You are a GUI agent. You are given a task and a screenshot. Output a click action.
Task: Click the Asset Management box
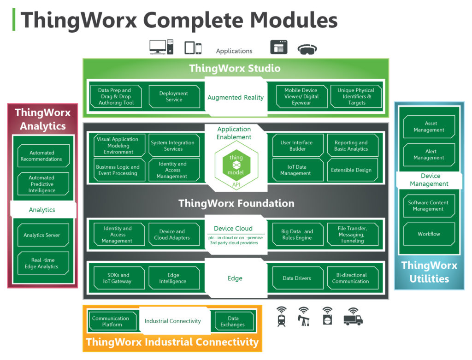coord(429,127)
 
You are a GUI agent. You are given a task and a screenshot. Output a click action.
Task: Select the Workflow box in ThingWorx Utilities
coord(429,234)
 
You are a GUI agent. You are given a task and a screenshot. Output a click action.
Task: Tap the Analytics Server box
coord(42,235)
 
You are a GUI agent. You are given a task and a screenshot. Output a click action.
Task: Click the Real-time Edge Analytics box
coord(42,264)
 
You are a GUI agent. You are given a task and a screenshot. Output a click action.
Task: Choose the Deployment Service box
coord(174,97)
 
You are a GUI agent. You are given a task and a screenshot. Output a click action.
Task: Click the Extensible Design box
coord(351,170)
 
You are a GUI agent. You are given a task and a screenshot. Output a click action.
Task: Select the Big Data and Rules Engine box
coord(297,235)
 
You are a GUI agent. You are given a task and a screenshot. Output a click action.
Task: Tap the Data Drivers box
coord(297,278)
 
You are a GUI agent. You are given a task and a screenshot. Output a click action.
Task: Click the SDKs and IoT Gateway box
coord(118,278)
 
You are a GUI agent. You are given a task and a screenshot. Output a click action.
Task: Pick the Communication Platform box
coord(112,321)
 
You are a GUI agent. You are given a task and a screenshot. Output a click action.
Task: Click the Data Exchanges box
coord(233,321)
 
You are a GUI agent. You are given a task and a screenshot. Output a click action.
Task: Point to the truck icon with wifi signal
coord(353,317)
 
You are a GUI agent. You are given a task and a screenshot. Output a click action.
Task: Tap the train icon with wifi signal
coord(282,317)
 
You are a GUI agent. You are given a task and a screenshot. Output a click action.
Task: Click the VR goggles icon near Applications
coord(307,49)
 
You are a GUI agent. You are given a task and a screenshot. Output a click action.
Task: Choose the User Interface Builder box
coord(297,146)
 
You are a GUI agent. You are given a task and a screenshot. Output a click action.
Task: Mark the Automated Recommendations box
coord(42,156)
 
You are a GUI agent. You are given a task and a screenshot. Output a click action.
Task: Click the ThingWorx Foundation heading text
coord(236,203)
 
